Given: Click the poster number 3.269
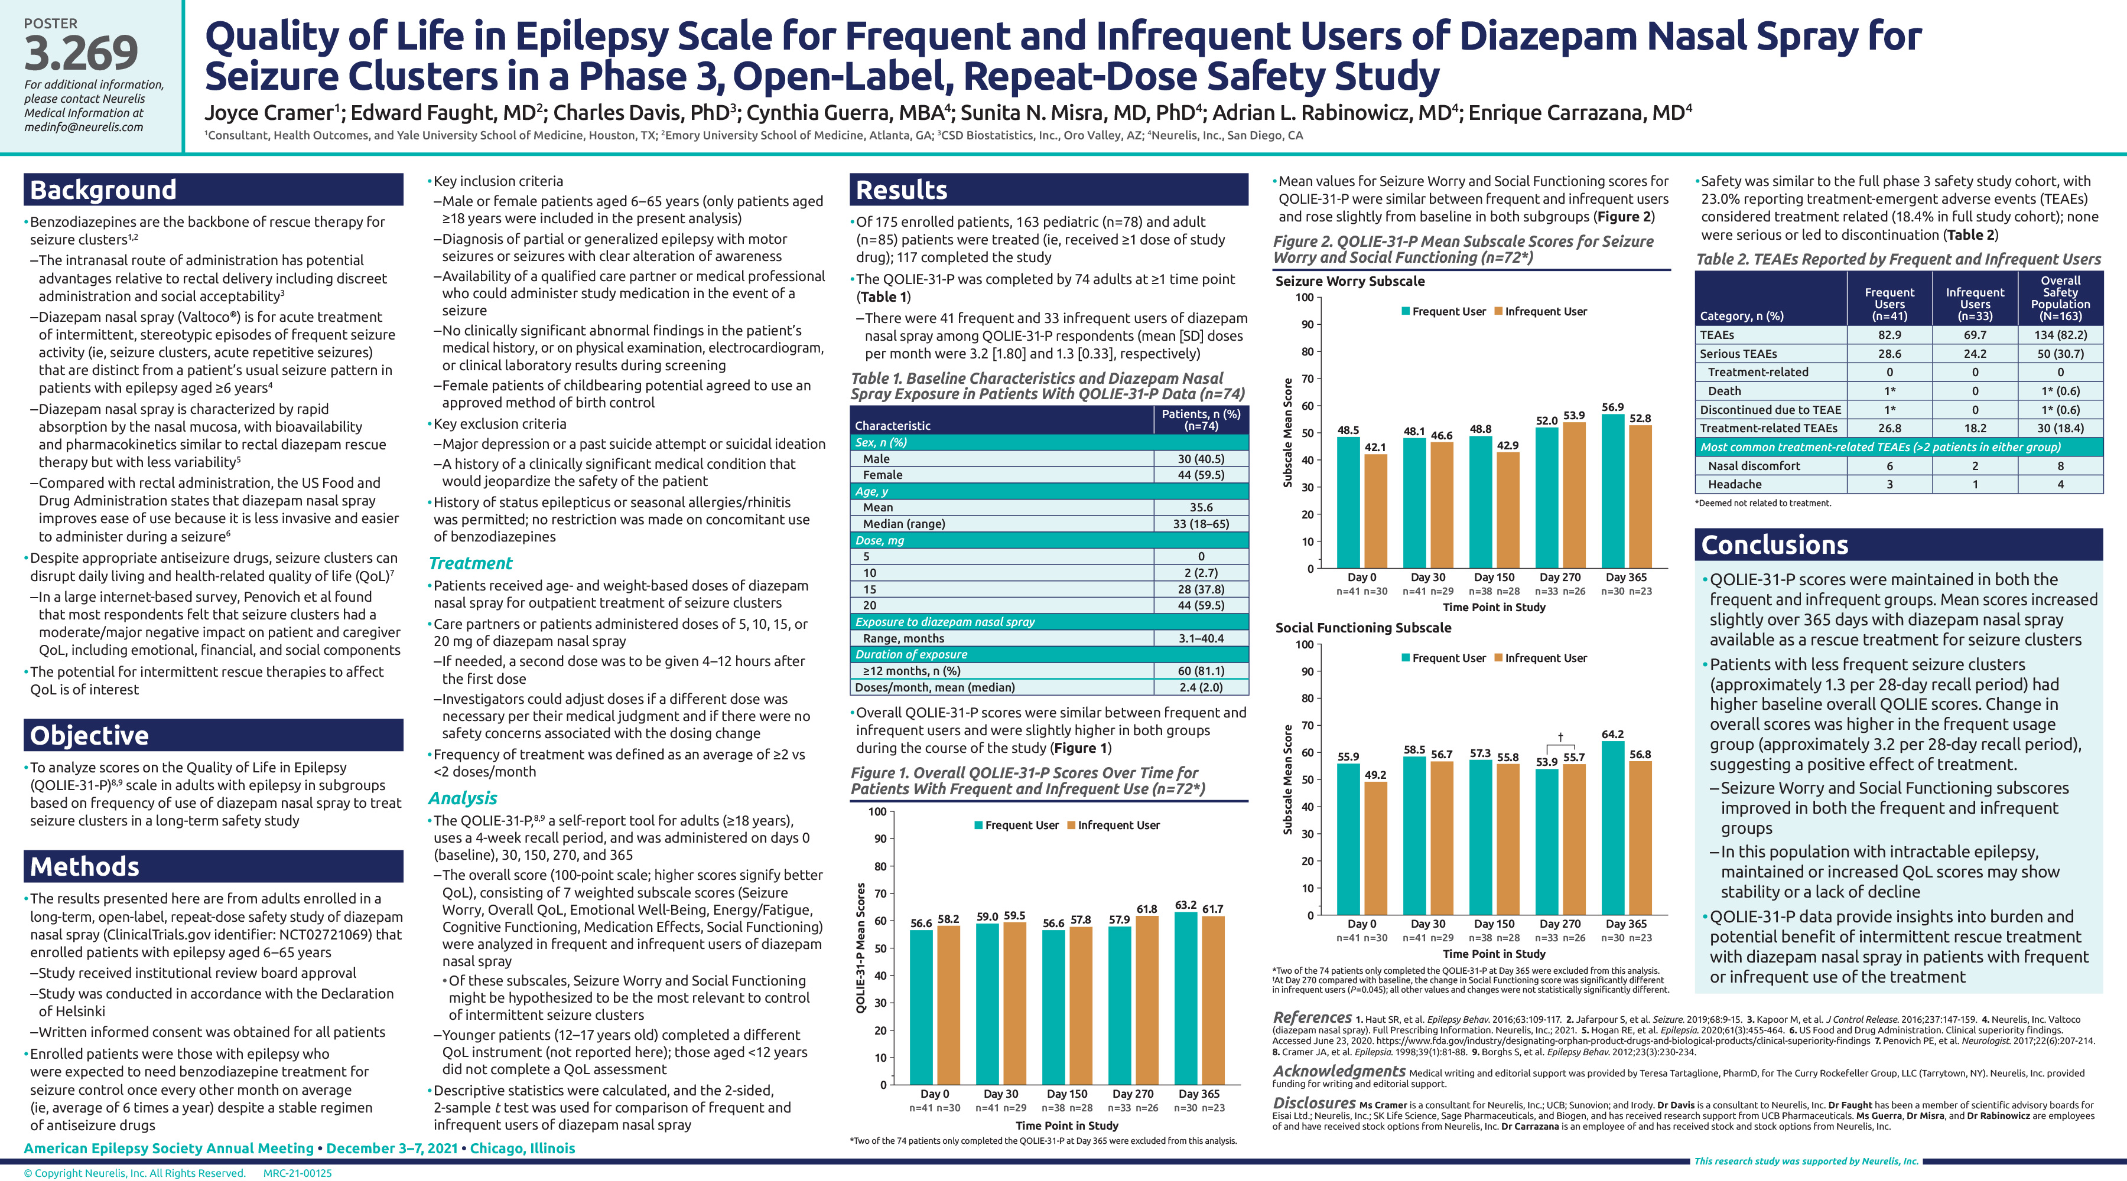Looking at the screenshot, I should click(x=81, y=54).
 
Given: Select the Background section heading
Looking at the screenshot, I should click(x=103, y=190).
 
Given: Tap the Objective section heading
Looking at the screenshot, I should click(x=89, y=735).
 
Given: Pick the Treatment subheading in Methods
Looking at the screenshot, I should click(x=471, y=564).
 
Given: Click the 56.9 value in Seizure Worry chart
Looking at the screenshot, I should click(x=1612, y=407).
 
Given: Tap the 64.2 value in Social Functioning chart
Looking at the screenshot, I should click(x=1612, y=735).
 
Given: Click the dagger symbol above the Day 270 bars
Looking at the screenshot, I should click(x=1560, y=736).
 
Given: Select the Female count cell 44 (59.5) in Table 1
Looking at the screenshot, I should click(x=1201, y=475).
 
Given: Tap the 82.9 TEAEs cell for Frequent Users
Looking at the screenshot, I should click(x=1889, y=335).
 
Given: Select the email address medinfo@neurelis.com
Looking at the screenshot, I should click(x=83, y=127).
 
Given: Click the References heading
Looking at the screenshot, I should click(x=1312, y=1017).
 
